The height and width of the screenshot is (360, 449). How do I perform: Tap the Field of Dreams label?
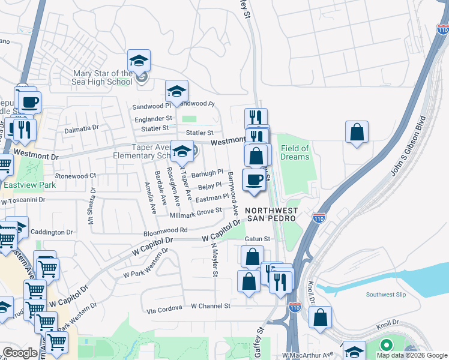295,152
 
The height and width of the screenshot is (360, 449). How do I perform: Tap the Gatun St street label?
258,239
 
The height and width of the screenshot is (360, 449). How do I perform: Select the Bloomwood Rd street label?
166,230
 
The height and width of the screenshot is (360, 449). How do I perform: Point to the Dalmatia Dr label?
81,128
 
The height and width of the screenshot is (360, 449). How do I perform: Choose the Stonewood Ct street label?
75,176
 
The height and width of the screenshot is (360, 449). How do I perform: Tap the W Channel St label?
211,306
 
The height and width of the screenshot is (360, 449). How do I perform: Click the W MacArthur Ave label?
311,355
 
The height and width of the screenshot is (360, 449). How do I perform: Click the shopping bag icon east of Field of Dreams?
357,133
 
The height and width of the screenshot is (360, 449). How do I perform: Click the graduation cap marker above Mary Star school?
139,61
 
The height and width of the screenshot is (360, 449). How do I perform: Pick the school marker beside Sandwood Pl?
176,92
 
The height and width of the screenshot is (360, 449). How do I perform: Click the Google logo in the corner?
20,353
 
